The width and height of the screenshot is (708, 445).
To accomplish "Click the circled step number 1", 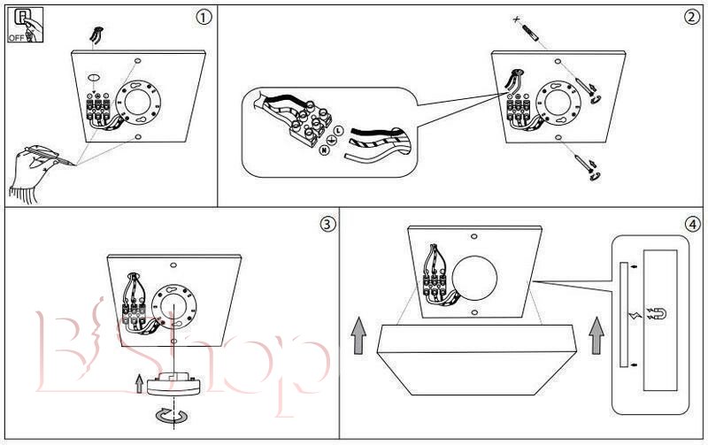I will tap(204, 18).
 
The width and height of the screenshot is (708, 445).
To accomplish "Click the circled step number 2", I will tap(690, 18).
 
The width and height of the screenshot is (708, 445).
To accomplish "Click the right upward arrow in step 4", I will tap(597, 334).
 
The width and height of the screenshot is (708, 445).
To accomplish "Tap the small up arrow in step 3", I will tap(137, 383).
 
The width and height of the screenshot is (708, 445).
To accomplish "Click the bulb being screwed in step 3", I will tap(177, 383).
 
